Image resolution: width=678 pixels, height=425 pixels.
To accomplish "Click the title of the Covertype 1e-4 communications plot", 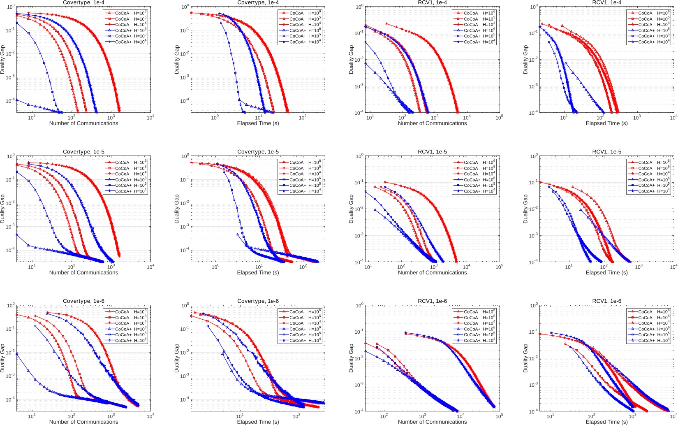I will [83, 2].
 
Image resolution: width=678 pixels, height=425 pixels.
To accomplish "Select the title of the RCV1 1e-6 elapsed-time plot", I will [606, 301].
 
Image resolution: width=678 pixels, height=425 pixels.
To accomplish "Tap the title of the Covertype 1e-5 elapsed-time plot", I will [258, 152].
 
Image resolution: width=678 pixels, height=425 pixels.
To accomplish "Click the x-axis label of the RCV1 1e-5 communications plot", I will [432, 272].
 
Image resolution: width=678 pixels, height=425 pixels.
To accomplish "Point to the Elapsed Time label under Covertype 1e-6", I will [258, 422].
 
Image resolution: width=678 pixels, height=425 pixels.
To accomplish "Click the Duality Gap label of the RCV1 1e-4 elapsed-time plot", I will [525, 60].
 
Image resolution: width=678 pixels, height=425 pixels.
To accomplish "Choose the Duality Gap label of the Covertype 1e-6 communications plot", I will [2, 358].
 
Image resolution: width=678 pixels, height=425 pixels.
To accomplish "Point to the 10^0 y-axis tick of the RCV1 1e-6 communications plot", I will [359, 306].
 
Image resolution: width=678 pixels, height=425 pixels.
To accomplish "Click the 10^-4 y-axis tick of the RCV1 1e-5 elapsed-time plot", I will [533, 262].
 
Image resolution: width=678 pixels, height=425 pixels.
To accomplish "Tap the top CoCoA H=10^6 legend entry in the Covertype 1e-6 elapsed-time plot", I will [305, 311].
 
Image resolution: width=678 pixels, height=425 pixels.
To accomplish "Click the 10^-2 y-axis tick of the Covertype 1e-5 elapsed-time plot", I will [184, 203].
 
